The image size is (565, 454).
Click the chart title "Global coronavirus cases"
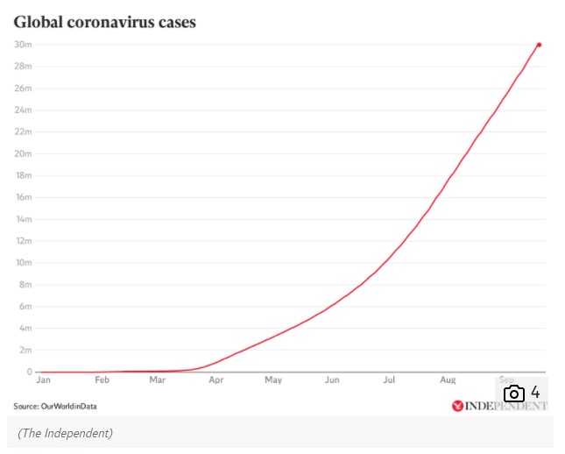(x=104, y=22)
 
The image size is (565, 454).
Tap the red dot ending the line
(x=539, y=45)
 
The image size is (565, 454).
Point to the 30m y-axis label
(x=23, y=45)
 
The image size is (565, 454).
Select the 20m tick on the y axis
(x=23, y=153)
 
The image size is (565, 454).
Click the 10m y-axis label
(x=23, y=263)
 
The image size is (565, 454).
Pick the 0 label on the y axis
(x=29, y=372)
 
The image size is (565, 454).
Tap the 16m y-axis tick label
(x=23, y=197)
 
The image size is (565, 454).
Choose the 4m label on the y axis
(x=25, y=328)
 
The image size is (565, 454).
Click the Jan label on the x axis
(x=43, y=380)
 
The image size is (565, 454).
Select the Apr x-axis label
(x=215, y=380)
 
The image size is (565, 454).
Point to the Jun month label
(x=331, y=380)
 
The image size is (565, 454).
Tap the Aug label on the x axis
(x=448, y=380)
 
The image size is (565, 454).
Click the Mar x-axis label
(x=157, y=380)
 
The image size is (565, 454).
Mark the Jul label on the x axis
(x=389, y=380)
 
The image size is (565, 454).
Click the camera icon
(x=513, y=394)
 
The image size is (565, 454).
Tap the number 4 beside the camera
(x=534, y=393)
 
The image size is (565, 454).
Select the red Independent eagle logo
(x=456, y=406)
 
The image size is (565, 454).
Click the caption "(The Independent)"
(x=66, y=433)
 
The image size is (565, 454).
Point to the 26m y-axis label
(x=23, y=89)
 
